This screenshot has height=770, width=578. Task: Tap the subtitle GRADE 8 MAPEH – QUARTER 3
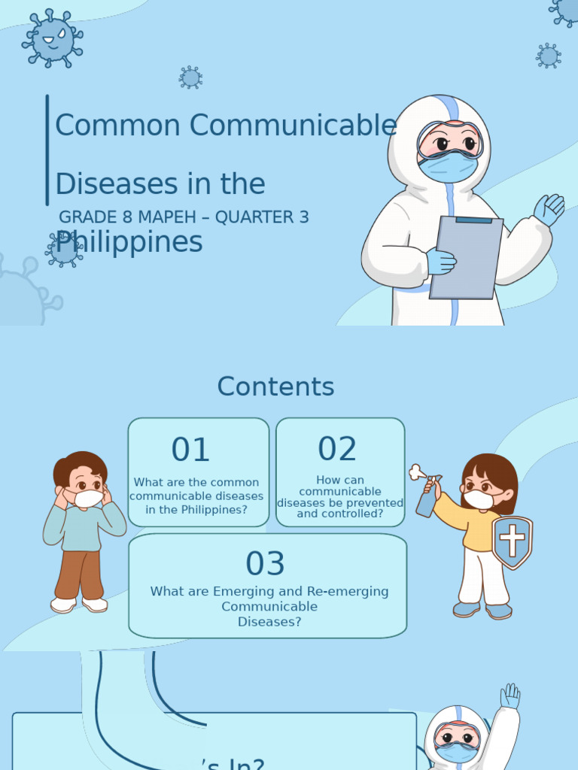click(184, 217)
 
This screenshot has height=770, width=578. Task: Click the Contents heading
click(275, 387)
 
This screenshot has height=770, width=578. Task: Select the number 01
click(190, 450)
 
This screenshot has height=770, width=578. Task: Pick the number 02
click(337, 450)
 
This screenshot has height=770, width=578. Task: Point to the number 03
click(266, 564)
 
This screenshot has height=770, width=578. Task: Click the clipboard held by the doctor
click(466, 256)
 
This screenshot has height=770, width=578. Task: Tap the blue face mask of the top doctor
click(449, 167)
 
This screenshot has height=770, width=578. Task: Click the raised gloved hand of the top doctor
click(550, 209)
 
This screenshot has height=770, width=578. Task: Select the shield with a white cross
click(512, 541)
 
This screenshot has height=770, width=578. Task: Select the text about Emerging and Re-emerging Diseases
click(269, 606)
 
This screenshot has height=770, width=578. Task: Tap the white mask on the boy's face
click(88, 498)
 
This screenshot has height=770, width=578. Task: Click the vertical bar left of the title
click(47, 150)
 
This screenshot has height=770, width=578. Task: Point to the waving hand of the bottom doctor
click(510, 696)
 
